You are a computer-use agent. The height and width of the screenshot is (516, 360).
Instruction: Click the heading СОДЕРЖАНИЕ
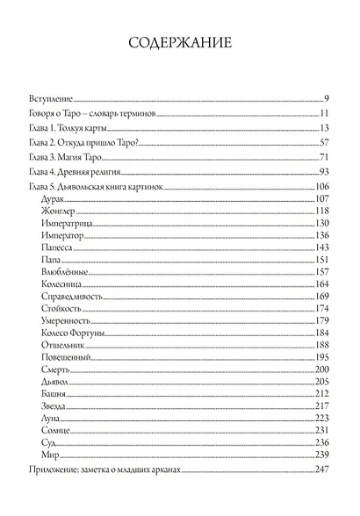tap(180, 43)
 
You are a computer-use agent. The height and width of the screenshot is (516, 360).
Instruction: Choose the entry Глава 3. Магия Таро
tap(67, 156)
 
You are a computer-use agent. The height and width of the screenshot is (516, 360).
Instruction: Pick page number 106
tap(320, 186)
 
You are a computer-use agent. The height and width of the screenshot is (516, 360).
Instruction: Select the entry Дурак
tap(54, 199)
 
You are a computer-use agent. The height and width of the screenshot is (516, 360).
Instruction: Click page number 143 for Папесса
tap(320, 248)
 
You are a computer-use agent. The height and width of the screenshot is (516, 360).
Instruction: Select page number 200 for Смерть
tap(320, 370)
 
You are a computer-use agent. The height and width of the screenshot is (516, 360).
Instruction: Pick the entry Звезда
tap(54, 407)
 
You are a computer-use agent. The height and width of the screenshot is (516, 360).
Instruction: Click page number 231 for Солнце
tap(320, 432)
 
